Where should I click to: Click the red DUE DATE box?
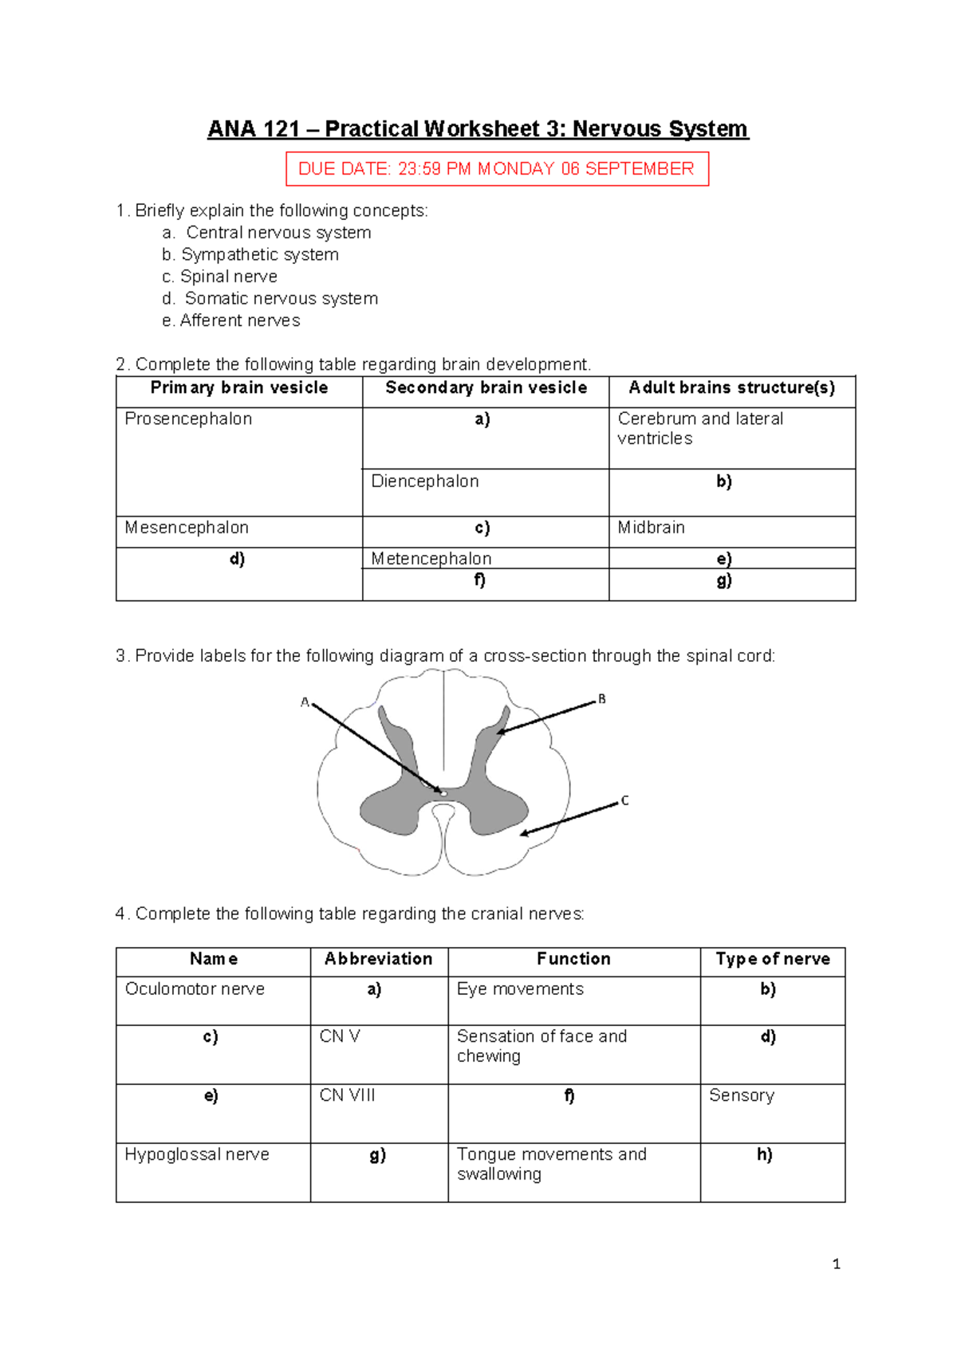[496, 169]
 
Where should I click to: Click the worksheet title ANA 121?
[477, 129]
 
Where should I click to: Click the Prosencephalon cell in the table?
[188, 419]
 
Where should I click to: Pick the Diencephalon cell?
[425, 481]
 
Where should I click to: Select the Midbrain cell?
[651, 528]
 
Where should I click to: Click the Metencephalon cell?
[431, 559]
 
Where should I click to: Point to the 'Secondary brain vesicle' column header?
[486, 388]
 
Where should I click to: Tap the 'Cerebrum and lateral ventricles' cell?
[699, 429]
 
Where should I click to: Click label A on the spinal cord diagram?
[305, 702]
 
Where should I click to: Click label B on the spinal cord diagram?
[602, 699]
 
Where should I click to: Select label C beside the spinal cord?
[624, 800]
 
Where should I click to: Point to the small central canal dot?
[444, 793]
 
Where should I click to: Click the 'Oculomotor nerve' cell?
[195, 989]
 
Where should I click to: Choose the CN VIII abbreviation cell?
[347, 1096]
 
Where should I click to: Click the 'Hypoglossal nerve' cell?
[197, 1155]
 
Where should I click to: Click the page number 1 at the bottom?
[836, 1264]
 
